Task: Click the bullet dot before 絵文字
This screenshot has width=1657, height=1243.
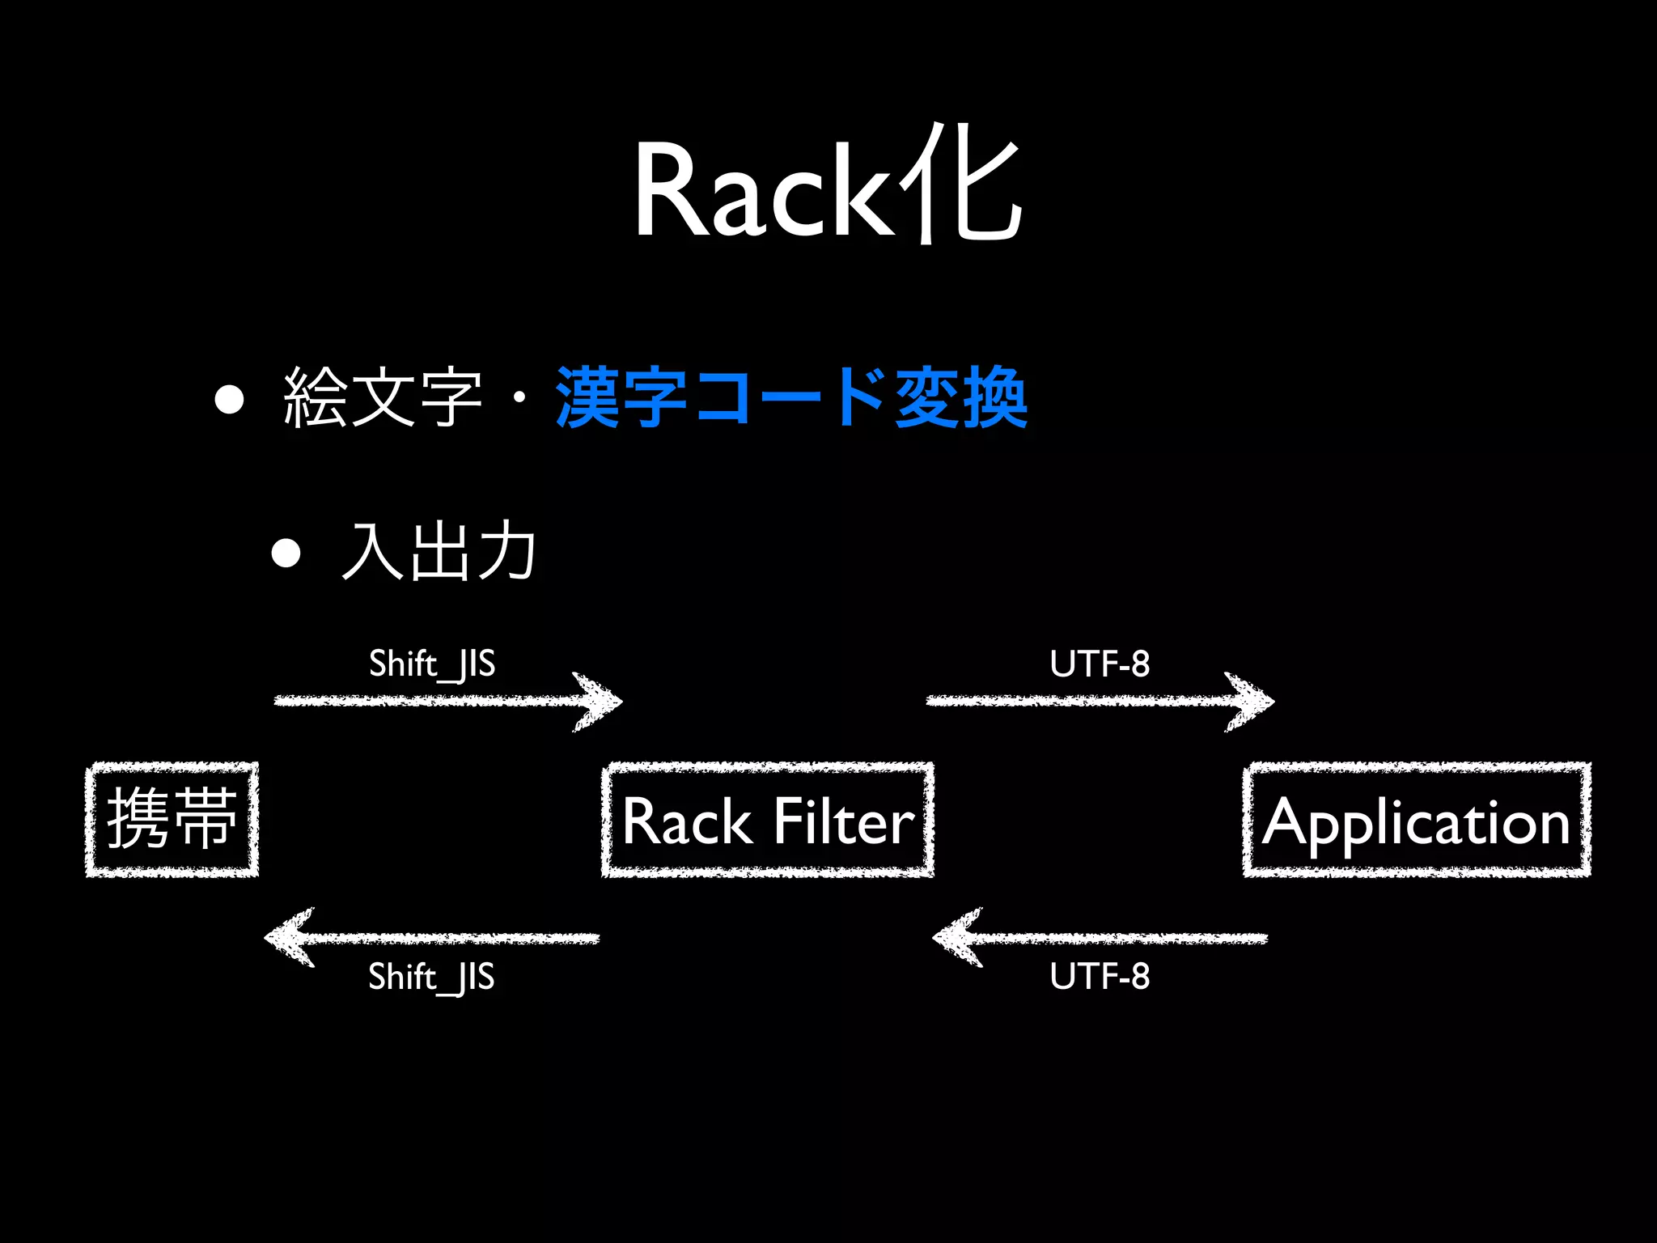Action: click(x=230, y=399)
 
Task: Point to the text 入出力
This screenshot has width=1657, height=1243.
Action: click(x=438, y=552)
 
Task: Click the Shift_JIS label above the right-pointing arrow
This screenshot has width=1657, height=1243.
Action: click(x=431, y=664)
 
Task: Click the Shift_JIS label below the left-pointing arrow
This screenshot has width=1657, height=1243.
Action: click(x=431, y=977)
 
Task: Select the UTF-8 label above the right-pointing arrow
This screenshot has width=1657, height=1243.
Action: click(x=1100, y=664)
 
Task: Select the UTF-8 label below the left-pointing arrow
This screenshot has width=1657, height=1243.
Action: click(x=1100, y=977)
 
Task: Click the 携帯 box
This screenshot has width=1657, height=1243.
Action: click(x=172, y=819)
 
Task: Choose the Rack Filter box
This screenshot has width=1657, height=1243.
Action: click(x=767, y=819)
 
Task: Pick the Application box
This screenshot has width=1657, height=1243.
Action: click(x=1417, y=819)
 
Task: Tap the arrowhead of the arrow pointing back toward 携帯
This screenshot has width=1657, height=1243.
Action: click(x=287, y=938)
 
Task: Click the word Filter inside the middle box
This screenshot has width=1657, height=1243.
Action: click(x=843, y=821)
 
